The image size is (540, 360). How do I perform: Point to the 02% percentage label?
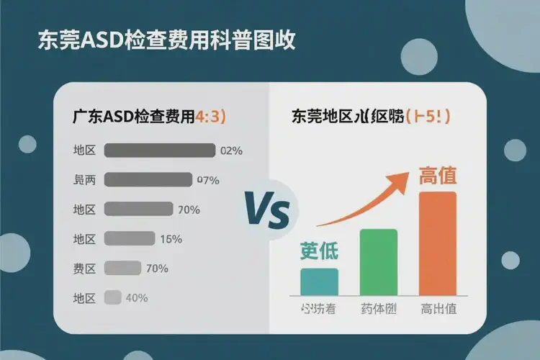[x=232, y=151]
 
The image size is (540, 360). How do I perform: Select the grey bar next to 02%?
[x=160, y=150]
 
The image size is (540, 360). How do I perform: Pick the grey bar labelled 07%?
[x=148, y=180]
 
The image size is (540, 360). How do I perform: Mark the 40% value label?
[x=137, y=297]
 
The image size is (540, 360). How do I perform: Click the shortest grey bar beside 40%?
[x=112, y=297]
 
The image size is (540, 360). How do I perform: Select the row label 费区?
[x=84, y=269]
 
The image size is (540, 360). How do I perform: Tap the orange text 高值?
[x=437, y=175]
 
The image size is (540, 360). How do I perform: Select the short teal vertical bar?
[x=319, y=281]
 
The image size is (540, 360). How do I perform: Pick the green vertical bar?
[x=378, y=261]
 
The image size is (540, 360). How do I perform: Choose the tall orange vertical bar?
[x=437, y=243]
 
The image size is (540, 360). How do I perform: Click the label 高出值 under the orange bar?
[x=438, y=310]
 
